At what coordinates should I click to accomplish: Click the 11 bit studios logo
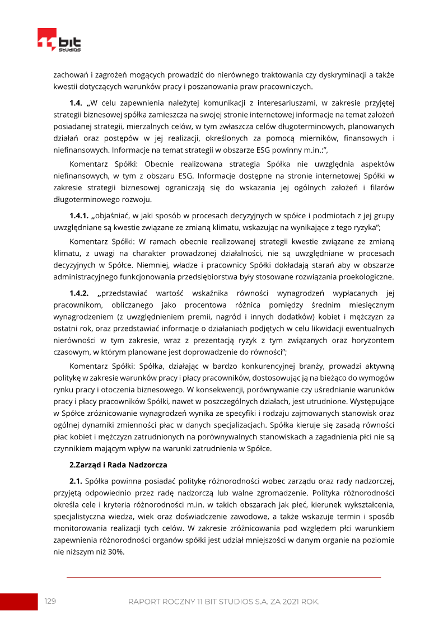(x=59, y=40)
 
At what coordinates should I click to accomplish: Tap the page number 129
(x=50, y=601)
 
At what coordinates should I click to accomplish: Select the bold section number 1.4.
(x=76, y=102)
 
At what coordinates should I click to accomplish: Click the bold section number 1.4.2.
(x=80, y=293)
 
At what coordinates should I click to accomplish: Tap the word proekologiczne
(x=367, y=277)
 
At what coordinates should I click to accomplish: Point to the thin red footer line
(x=223, y=577)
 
